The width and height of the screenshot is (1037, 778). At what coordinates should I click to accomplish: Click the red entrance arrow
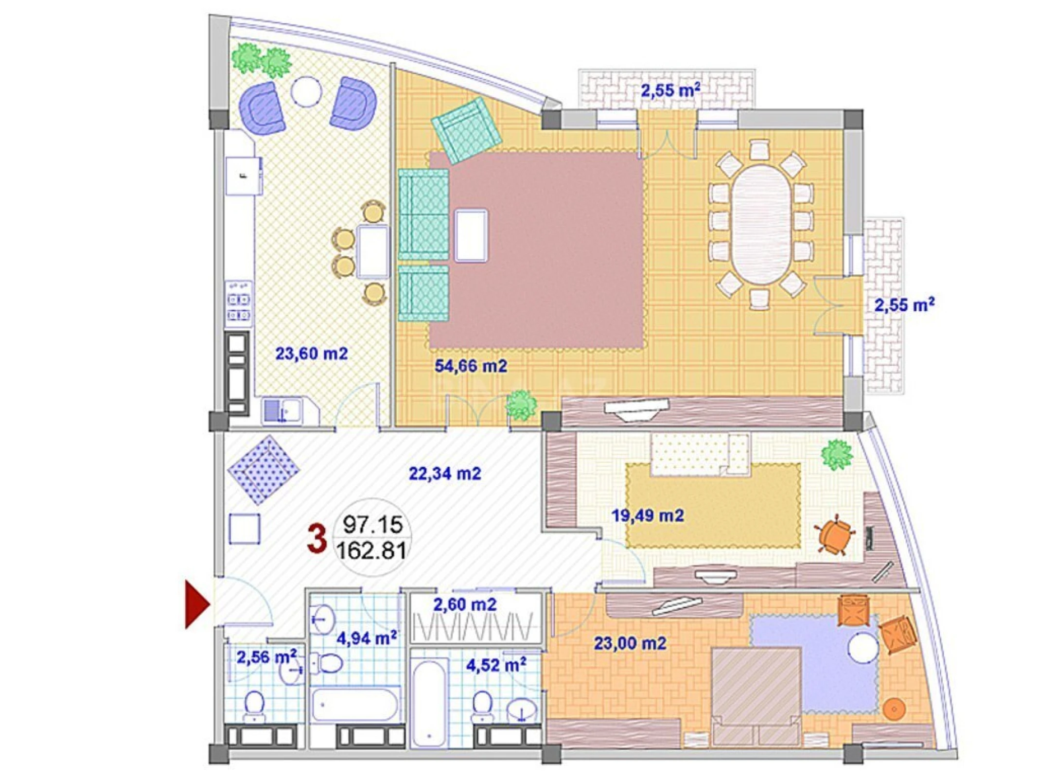(x=196, y=604)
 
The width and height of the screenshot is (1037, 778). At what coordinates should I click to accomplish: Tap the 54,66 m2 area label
(x=470, y=366)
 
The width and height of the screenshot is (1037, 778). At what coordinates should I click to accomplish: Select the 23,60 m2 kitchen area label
(x=312, y=354)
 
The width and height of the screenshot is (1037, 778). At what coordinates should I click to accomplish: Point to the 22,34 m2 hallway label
(x=444, y=473)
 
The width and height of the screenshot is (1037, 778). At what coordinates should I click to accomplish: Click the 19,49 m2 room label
(x=647, y=515)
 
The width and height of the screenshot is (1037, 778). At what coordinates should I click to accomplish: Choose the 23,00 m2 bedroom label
(x=630, y=643)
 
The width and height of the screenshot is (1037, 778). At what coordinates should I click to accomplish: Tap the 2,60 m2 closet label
(x=464, y=604)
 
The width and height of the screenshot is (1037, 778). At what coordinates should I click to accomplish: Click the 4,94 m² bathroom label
(x=366, y=638)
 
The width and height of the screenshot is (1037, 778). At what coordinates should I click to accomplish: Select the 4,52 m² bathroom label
(x=495, y=665)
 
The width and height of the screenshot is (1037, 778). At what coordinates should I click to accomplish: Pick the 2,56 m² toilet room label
(x=266, y=657)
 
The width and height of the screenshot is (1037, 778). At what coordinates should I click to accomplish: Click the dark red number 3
(x=316, y=539)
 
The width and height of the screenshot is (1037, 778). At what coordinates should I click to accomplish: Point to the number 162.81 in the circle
(x=371, y=551)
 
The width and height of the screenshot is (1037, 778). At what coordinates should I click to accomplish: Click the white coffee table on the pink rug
(x=471, y=235)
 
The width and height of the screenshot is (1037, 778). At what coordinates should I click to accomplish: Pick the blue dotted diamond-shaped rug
(x=263, y=470)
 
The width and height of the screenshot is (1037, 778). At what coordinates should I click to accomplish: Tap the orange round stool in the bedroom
(x=894, y=708)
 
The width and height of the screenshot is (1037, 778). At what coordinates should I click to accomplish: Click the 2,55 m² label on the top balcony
(x=670, y=90)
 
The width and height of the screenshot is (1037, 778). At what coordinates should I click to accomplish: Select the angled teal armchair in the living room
(x=465, y=131)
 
